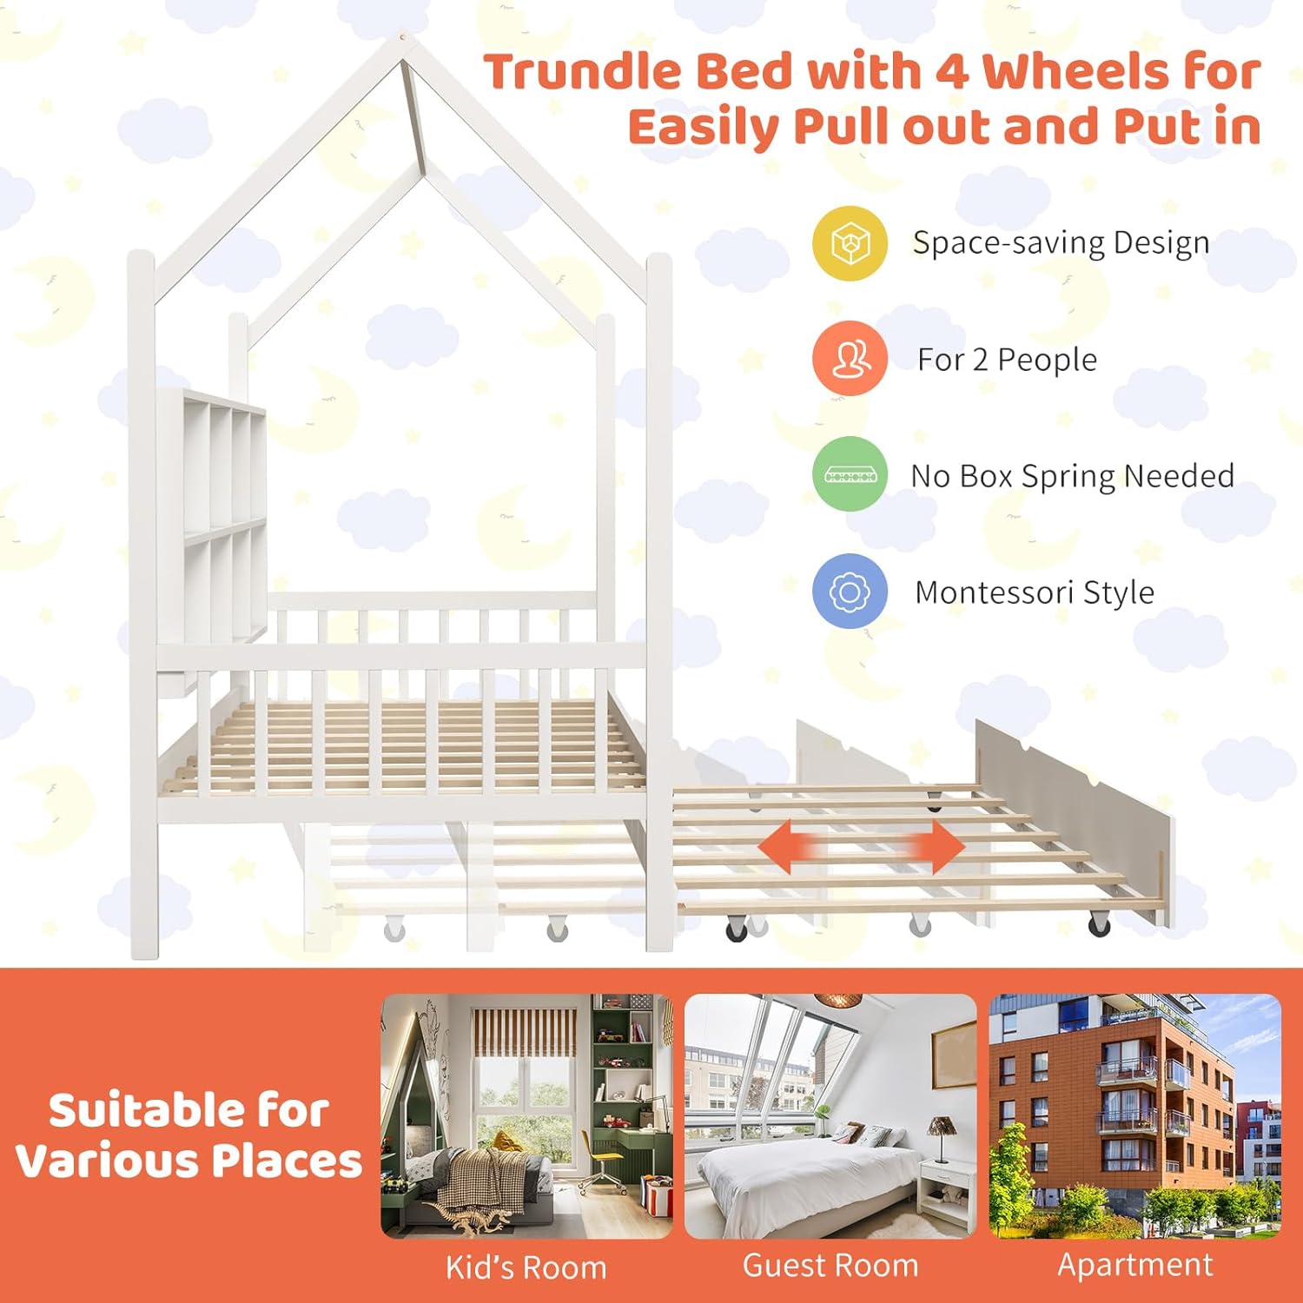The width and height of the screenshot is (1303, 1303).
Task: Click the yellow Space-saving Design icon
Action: pos(850,243)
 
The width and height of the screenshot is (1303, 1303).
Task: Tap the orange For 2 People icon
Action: pos(850,358)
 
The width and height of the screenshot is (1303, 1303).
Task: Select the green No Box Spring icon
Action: pos(850,474)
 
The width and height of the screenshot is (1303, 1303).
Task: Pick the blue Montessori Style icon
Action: pos(850,592)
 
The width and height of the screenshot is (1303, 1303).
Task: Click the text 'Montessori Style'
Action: pos(1034,592)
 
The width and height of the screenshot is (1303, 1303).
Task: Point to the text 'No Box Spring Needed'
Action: pos(1072,476)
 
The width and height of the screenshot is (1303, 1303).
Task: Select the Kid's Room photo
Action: pos(526,1115)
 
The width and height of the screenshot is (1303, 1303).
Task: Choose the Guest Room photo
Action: pos(830,1115)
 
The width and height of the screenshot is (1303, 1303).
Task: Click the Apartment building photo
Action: pos(1134,1115)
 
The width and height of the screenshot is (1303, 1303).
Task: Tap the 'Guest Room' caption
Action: pos(830,1266)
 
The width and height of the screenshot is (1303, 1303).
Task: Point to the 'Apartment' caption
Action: pos(1134,1265)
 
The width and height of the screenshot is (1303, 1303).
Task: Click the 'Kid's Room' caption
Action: pos(526,1267)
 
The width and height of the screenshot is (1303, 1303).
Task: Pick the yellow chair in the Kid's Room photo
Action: pos(603,1154)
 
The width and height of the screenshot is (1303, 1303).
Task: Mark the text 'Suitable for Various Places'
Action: pos(189,1135)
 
